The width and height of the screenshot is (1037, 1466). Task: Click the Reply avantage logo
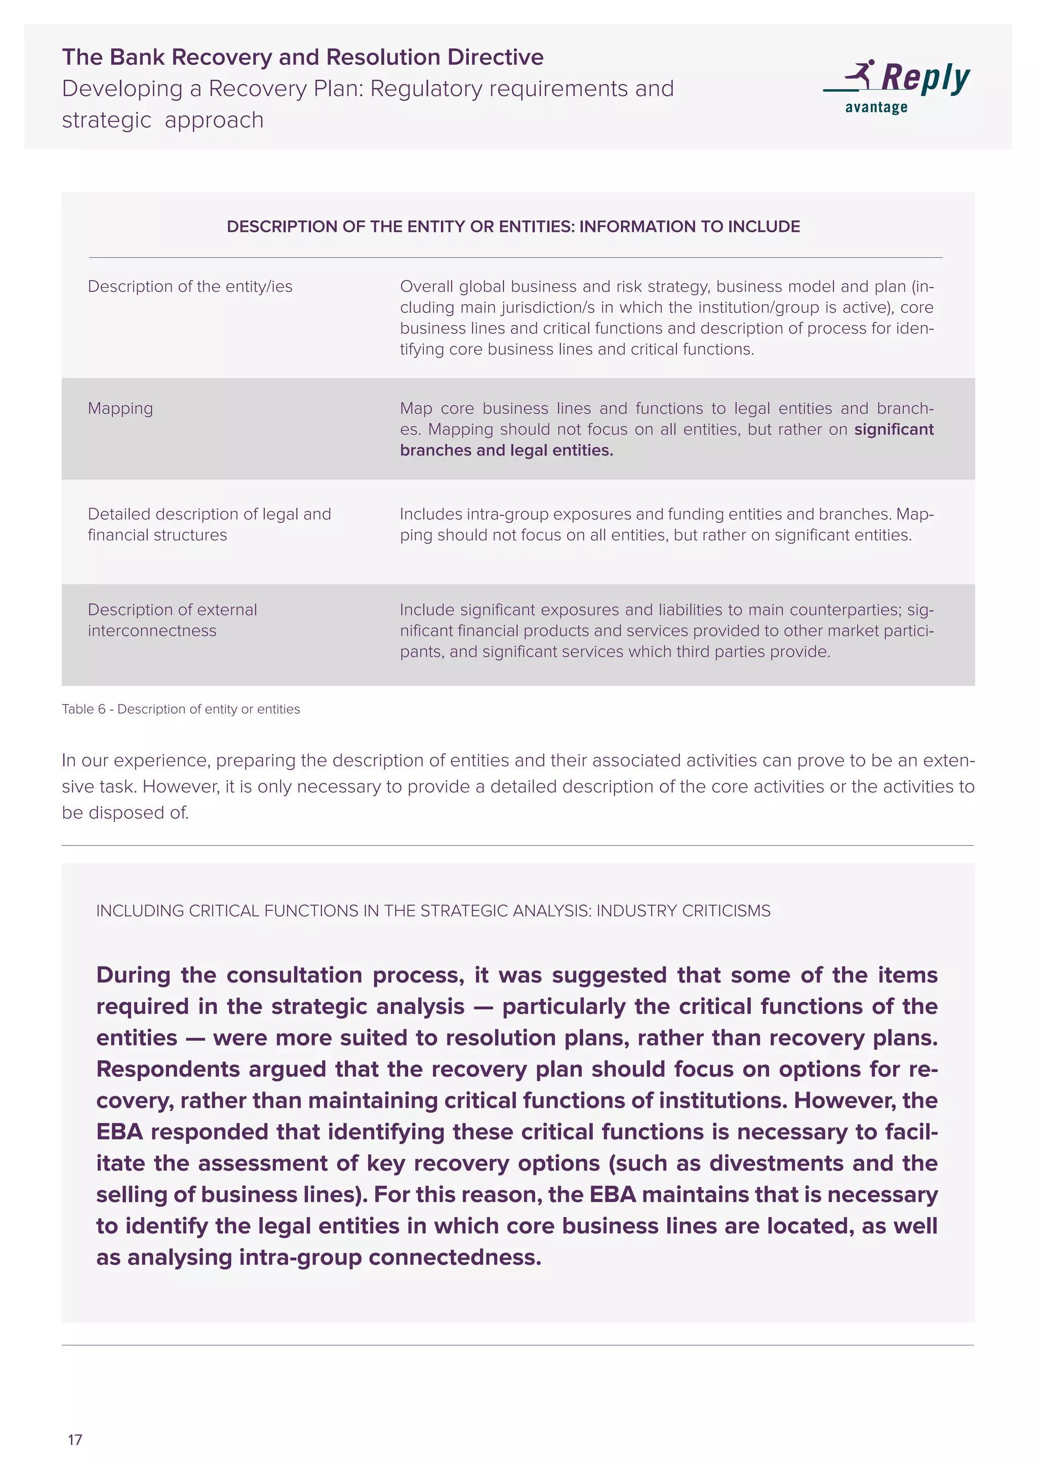tap(897, 86)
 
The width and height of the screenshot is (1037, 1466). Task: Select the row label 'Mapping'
tap(120, 409)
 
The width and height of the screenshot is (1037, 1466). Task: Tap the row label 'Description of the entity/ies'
tap(190, 287)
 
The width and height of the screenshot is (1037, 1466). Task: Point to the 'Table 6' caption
tap(181, 709)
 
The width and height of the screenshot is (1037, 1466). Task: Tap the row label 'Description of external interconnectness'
tap(172, 620)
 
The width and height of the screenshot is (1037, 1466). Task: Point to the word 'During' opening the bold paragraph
tap(134, 975)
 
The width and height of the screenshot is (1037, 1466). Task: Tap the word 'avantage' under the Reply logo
tap(876, 108)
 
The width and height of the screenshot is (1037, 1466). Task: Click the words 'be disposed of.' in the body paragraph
tap(125, 813)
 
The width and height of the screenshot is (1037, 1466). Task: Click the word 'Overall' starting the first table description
tap(426, 287)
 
